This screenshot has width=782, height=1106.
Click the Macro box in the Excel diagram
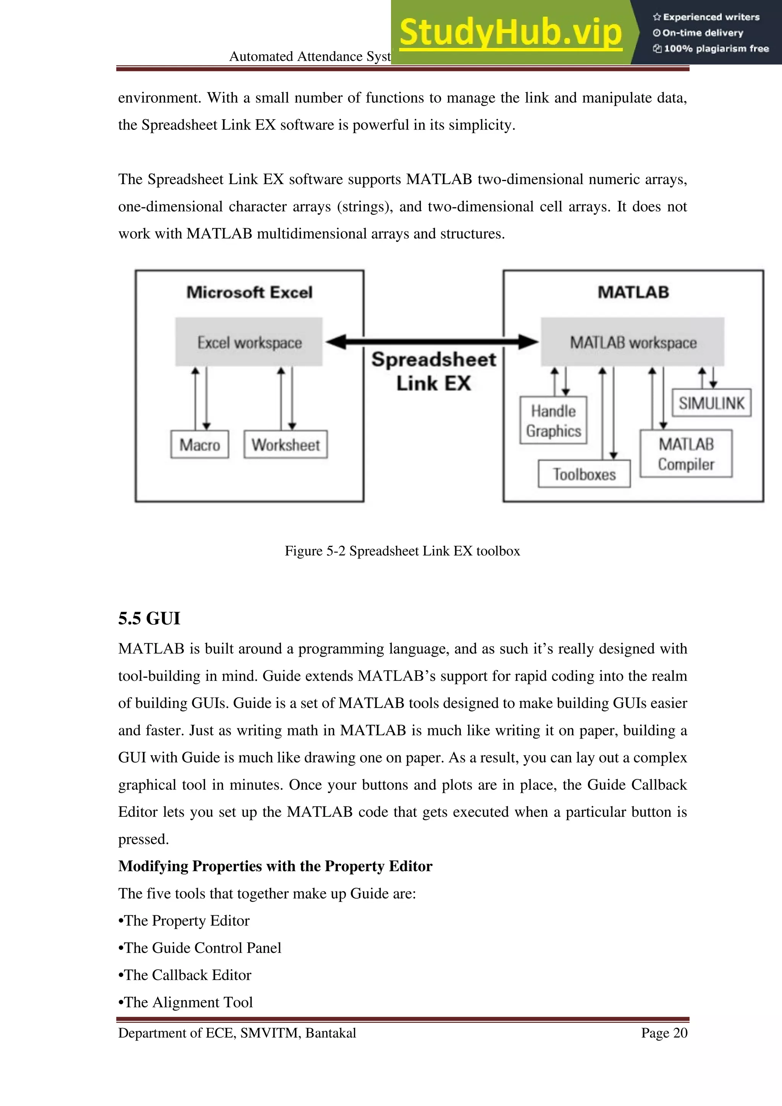click(199, 445)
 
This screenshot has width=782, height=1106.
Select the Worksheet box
click(286, 445)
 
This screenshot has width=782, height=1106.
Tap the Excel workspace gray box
click(249, 342)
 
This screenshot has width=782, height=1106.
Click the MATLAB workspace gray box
click(633, 342)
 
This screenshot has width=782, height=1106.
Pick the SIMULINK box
click(711, 403)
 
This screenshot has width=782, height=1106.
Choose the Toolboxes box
click(584, 474)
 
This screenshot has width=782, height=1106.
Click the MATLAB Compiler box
click(686, 454)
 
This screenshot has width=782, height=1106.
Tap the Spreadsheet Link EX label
click(433, 371)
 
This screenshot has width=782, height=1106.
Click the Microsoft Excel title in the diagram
click(249, 292)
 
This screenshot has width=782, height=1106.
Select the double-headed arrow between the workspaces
click(432, 342)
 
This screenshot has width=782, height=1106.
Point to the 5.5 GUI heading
click(149, 619)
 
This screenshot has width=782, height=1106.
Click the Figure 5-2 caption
click(402, 551)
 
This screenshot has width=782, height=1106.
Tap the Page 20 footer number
click(664, 1033)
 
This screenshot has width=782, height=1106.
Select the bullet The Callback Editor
click(185, 975)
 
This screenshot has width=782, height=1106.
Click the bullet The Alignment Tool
click(186, 1002)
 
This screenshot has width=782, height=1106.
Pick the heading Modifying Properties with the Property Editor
click(275, 866)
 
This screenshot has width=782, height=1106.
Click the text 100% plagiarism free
click(716, 49)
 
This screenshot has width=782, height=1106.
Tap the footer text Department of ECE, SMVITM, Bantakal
click(237, 1033)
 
